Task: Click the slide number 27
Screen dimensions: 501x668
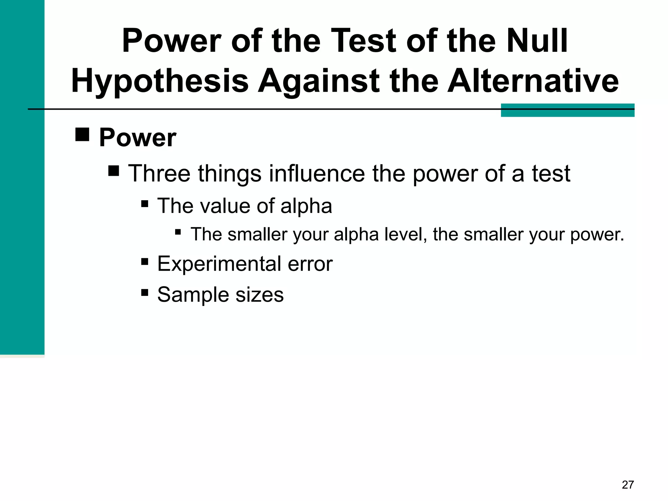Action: pyautogui.click(x=628, y=485)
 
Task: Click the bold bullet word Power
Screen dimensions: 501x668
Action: pyautogui.click(x=138, y=138)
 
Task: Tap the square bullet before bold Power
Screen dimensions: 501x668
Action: pyautogui.click(x=82, y=134)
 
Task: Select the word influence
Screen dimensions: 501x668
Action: pyautogui.click(x=317, y=173)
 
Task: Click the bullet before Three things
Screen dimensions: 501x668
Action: pyautogui.click(x=114, y=171)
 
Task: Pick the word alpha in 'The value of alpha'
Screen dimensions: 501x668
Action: pyautogui.click(x=306, y=206)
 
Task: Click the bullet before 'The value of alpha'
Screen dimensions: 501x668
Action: pyautogui.click(x=145, y=204)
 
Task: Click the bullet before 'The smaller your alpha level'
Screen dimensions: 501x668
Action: pyautogui.click(x=178, y=232)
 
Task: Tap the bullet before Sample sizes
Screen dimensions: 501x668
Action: pyautogui.click(x=145, y=292)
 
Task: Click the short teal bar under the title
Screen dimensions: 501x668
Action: pyautogui.click(x=568, y=110)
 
